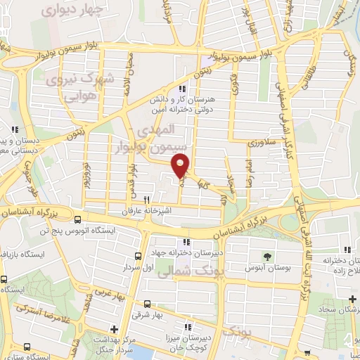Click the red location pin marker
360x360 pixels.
click(x=181, y=165)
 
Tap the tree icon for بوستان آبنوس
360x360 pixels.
click(x=266, y=257)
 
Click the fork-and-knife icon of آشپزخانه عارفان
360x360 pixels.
click(x=147, y=200)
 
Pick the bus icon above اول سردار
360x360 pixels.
click(x=138, y=256)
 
